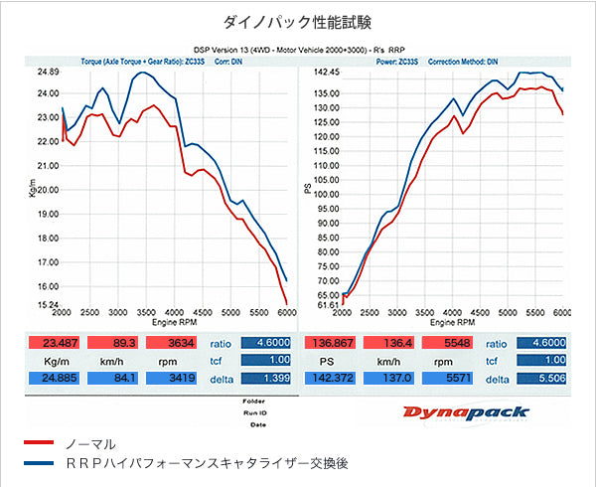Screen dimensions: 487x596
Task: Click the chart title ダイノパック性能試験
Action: click(x=297, y=20)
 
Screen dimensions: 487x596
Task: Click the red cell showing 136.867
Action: click(x=332, y=342)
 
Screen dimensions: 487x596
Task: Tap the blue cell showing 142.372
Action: click(x=332, y=379)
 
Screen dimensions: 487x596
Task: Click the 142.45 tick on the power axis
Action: click(x=326, y=73)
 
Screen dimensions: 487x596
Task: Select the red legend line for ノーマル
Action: click(x=37, y=443)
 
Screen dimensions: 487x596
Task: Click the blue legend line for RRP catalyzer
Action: click(x=37, y=464)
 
